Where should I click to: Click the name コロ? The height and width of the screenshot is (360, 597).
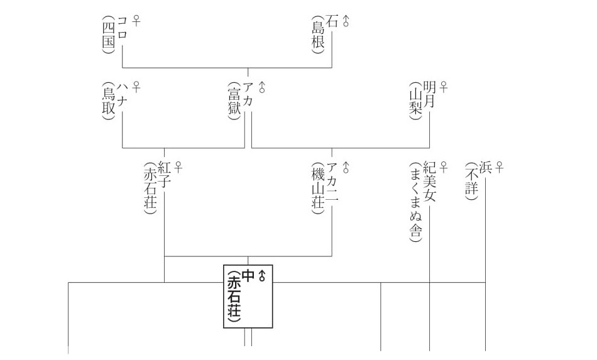122,28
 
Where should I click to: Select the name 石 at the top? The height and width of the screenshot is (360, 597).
332,21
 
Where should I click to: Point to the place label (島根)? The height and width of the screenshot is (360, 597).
317,36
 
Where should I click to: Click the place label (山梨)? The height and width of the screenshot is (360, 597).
414,103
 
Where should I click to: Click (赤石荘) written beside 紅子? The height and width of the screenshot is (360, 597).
150,188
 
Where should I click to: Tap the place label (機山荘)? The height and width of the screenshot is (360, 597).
317,188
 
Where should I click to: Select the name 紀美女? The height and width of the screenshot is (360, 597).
429,182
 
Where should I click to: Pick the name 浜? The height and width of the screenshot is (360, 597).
485,168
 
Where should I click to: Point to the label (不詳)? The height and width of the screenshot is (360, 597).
471,182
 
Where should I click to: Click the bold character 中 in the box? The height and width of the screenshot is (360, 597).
248,275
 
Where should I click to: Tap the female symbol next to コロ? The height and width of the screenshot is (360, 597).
136,21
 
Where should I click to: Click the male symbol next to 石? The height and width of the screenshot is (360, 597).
346,21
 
